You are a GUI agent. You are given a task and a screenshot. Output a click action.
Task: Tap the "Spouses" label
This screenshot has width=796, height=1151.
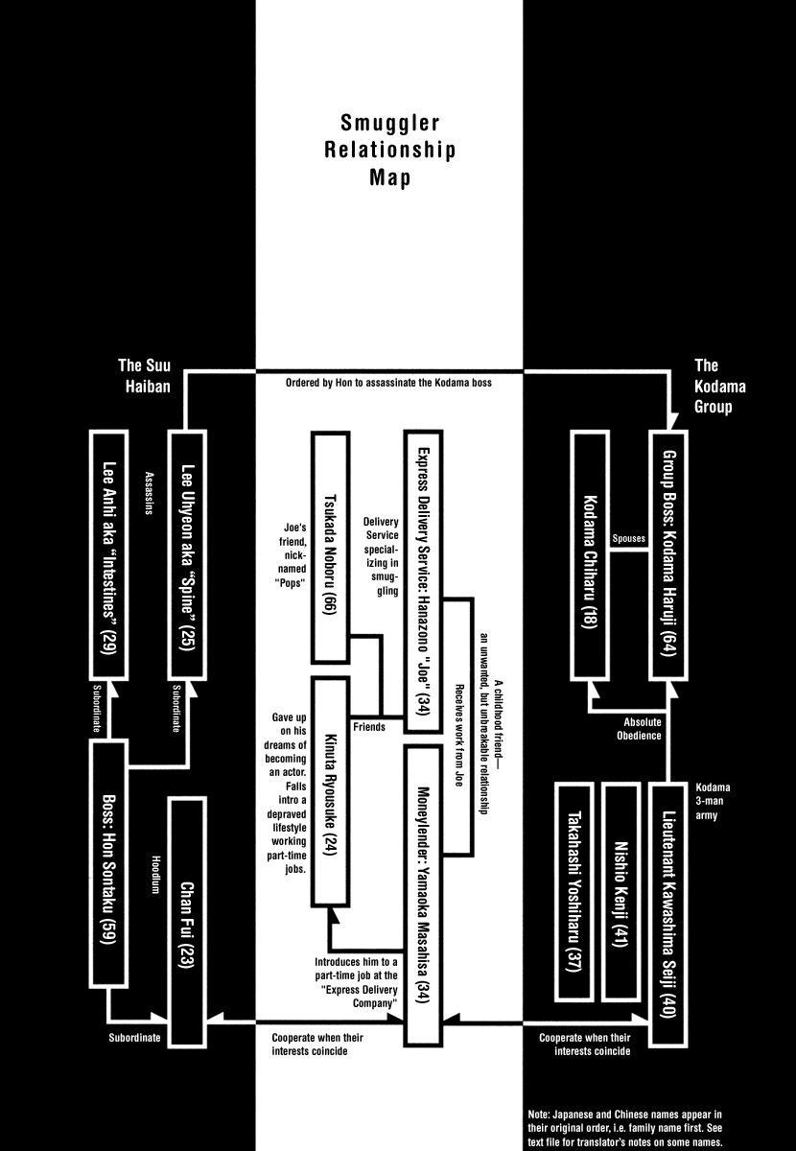(x=629, y=539)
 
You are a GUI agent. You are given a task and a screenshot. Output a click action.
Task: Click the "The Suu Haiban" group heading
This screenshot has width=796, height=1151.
(x=144, y=376)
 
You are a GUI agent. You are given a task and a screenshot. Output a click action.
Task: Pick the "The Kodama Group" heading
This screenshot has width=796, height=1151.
(x=718, y=386)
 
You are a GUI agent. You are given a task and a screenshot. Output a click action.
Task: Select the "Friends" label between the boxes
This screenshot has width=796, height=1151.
(x=368, y=727)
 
